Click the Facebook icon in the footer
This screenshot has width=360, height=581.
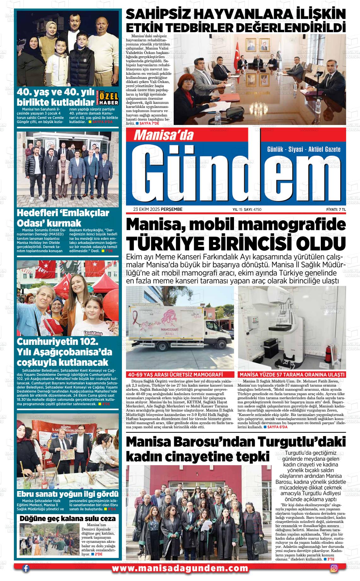26,568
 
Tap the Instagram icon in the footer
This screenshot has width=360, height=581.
334,568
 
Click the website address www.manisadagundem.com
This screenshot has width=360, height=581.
180,568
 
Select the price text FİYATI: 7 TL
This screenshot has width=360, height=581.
336,209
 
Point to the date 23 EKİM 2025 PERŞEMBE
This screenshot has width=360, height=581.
158,209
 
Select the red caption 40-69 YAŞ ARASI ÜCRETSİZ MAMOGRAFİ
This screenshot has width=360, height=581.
180,375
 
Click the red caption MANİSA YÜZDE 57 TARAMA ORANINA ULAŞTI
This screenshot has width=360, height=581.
292,375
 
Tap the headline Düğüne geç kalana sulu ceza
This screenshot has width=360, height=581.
68,519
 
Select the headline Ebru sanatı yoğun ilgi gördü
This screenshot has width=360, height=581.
68,494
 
